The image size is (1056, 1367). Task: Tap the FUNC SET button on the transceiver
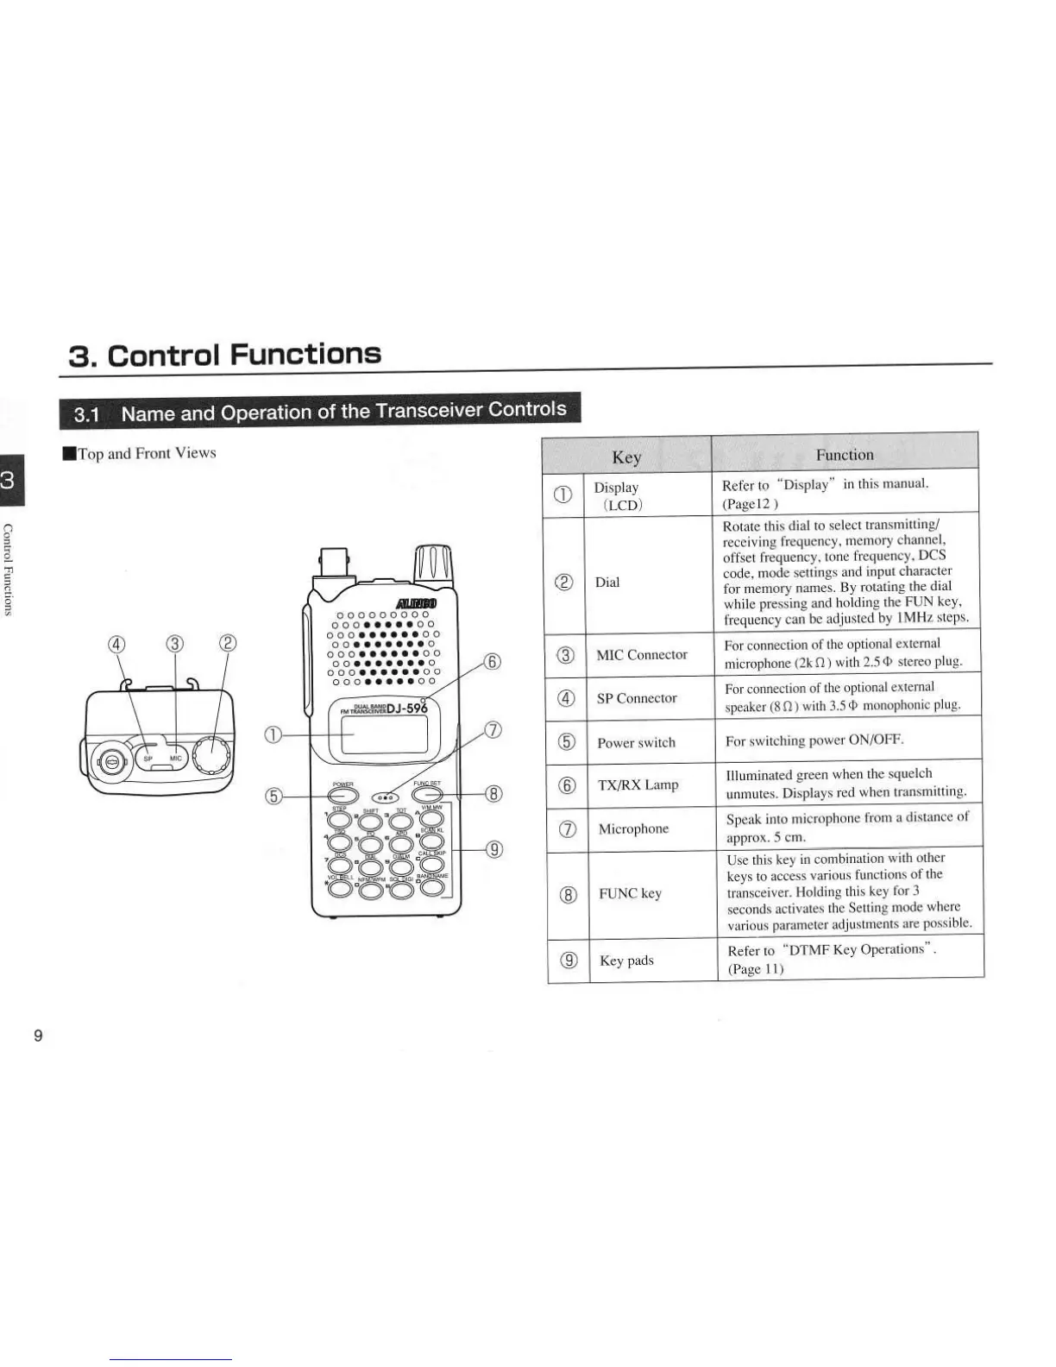pyautogui.click(x=427, y=794)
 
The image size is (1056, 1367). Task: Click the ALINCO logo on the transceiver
pyautogui.click(x=418, y=602)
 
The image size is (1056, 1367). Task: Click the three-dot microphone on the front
pyautogui.click(x=387, y=797)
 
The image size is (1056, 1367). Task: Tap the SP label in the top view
pyautogui.click(x=148, y=759)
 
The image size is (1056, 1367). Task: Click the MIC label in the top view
pyautogui.click(x=175, y=759)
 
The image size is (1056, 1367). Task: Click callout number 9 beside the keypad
pyautogui.click(x=494, y=849)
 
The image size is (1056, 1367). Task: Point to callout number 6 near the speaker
pyautogui.click(x=492, y=662)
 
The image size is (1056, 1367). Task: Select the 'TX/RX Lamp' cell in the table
pyautogui.click(x=638, y=784)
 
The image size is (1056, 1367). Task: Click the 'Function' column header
pyautogui.click(x=845, y=455)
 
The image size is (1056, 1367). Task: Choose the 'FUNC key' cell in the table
pyautogui.click(x=630, y=893)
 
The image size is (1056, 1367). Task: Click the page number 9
pyautogui.click(x=37, y=1036)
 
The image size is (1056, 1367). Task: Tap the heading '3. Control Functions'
pyautogui.click(x=224, y=354)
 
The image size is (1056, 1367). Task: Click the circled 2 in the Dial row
pyautogui.click(x=565, y=582)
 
